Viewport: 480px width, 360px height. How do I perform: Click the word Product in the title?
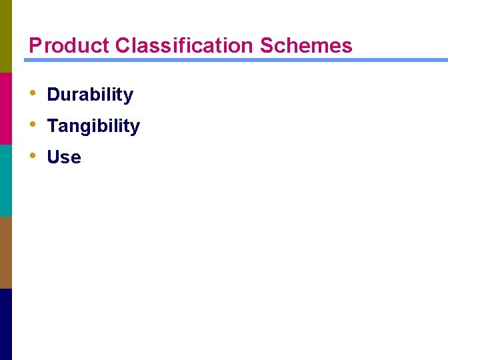69,45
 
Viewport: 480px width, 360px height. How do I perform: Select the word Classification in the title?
184,45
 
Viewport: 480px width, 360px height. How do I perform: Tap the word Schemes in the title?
306,45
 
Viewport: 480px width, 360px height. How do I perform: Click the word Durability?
90,95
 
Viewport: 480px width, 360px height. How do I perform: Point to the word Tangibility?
93,126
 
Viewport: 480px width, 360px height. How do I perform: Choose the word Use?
64,157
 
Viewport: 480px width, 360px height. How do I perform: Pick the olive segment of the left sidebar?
5,36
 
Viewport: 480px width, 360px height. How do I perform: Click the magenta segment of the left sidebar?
5,108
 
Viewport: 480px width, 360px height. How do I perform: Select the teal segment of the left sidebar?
5,180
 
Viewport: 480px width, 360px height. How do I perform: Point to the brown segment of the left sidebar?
5,252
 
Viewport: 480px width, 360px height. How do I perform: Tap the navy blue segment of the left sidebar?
5,324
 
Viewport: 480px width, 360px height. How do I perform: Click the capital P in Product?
35,45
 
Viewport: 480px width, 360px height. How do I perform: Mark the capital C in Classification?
122,45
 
